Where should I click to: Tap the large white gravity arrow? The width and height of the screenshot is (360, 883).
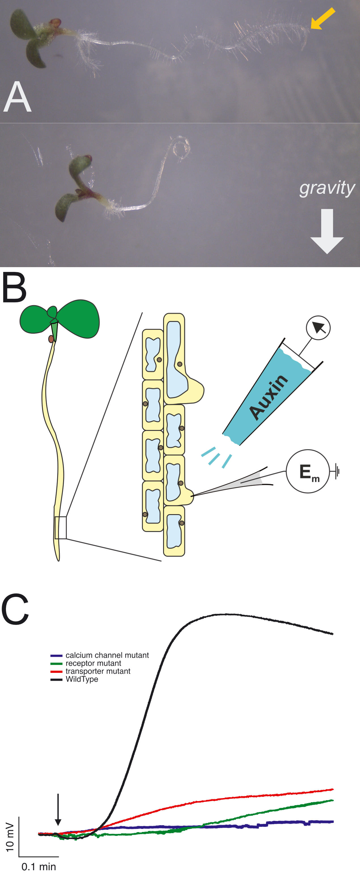coord(327,231)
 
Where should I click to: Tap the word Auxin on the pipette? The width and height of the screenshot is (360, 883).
coord(269,397)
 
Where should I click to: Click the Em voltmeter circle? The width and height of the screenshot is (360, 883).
coord(308,471)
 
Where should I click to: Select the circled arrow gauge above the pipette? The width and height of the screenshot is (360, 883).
coord(318,328)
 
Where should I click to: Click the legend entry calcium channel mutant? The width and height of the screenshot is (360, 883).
coord(107,655)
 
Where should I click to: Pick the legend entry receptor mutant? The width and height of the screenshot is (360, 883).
coord(93,663)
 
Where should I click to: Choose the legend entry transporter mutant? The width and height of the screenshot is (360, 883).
coord(98,671)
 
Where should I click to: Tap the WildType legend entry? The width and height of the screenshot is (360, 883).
coord(82,679)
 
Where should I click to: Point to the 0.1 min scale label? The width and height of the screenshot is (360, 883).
coord(39,867)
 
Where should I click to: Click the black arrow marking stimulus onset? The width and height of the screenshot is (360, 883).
coord(58,809)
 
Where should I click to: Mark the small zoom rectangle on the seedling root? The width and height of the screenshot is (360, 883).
coord(61,527)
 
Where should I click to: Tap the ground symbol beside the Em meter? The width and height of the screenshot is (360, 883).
coord(337,471)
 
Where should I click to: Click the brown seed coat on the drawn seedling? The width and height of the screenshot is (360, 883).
coord(51,339)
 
